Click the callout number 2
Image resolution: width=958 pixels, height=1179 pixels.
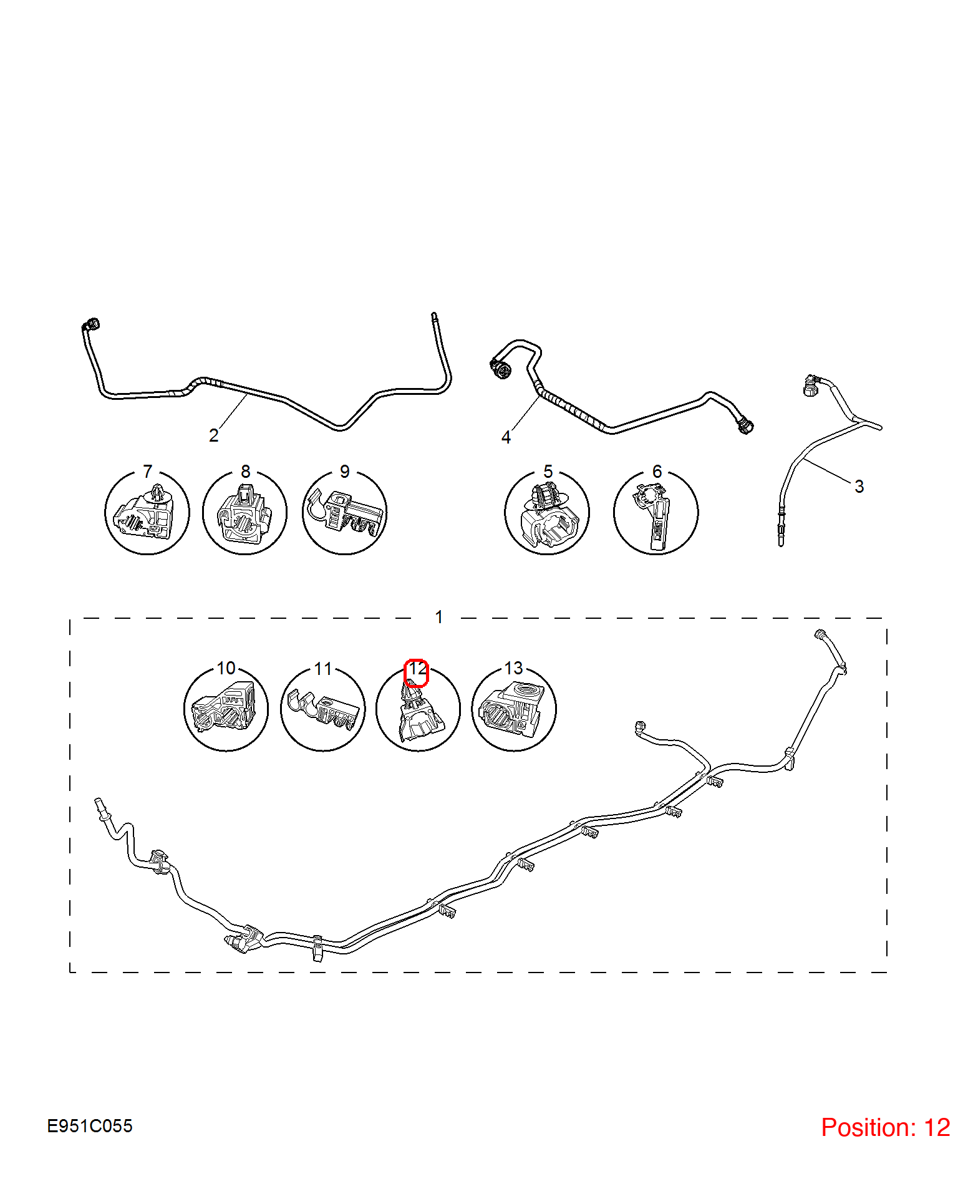[x=214, y=435]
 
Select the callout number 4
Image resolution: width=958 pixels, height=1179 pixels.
[x=506, y=437]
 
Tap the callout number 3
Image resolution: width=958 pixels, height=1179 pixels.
[x=859, y=487]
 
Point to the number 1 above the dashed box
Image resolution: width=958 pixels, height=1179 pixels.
[x=439, y=617]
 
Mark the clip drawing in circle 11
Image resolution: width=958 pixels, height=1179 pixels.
[x=323, y=709]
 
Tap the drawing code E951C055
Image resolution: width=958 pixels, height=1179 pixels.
[x=90, y=1126]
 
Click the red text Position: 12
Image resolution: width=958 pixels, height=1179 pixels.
[x=886, y=1127]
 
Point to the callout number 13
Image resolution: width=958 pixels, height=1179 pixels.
[x=513, y=668]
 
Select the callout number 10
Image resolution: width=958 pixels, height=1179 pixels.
[x=226, y=668]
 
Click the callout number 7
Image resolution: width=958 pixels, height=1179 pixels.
[x=147, y=471]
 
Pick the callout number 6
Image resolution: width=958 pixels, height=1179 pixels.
[x=657, y=472]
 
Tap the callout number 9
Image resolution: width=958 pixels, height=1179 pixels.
[x=344, y=472]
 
